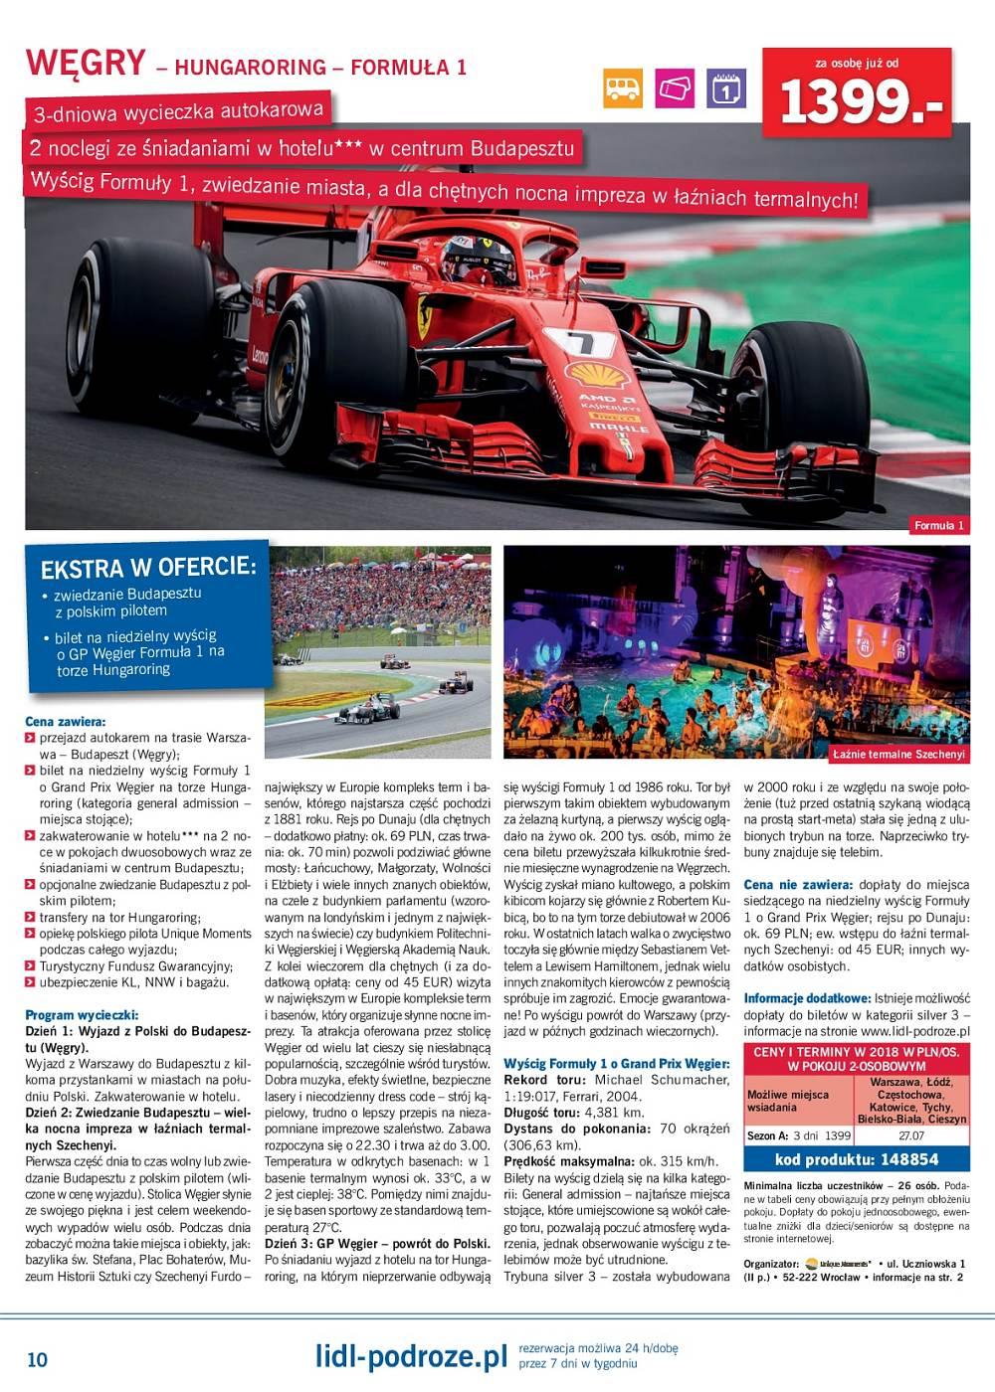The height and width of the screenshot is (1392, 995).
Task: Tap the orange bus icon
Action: coord(623,88)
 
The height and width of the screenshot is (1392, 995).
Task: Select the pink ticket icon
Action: coord(675,88)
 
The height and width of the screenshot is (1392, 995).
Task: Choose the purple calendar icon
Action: coord(726,88)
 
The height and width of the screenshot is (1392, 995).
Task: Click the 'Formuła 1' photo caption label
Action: coord(939,525)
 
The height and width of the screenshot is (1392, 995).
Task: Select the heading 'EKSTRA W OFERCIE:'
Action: coord(148,568)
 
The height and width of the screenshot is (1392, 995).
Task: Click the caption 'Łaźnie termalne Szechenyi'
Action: coord(898,754)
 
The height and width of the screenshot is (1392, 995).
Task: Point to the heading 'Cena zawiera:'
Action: coord(65,722)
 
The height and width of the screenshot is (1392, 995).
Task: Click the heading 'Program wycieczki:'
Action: coord(82,1015)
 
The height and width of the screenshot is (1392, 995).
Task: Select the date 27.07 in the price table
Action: coord(910,1135)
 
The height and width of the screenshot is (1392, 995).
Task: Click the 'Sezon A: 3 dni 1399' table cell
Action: coord(799,1135)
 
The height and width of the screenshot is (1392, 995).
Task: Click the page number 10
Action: coord(37,1359)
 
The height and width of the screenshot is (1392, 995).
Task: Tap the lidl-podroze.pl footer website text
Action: coord(410,1356)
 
